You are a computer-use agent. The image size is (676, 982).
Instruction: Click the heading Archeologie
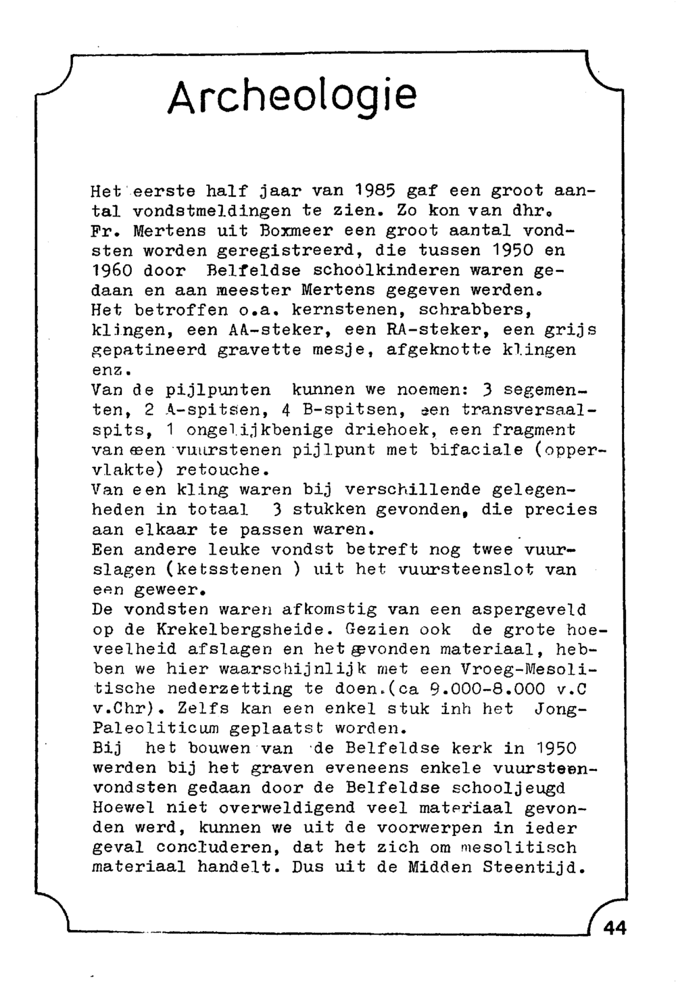[292, 97]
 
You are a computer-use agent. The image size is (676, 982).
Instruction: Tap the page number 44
[614, 928]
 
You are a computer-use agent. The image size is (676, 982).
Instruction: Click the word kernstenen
[345, 310]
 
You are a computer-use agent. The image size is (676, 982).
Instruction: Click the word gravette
[260, 350]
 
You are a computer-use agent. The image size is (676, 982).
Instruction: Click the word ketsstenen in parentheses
[224, 569]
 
